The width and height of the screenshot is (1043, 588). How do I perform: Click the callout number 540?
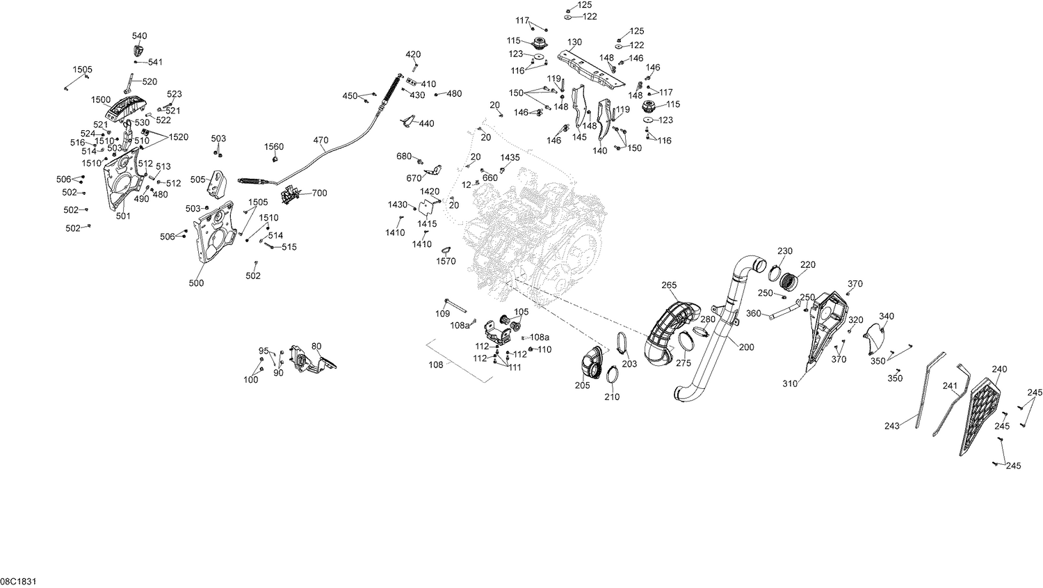coord(139,35)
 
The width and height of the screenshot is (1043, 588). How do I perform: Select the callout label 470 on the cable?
coord(321,140)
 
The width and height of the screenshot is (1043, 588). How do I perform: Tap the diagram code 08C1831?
coord(18,580)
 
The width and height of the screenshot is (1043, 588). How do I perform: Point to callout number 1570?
coord(446,261)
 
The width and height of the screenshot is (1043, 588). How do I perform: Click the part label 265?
coord(669,285)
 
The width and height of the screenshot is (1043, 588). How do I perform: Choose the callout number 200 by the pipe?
coord(746,347)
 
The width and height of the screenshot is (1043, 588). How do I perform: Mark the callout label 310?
coord(790,383)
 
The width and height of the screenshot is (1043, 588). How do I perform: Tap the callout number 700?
coord(319,193)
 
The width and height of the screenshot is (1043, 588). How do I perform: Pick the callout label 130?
coord(574,42)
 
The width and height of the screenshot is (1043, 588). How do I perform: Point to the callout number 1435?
coord(510,158)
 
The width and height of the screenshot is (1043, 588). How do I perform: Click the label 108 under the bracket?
coord(436,364)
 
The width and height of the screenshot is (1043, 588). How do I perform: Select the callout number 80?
coord(316,346)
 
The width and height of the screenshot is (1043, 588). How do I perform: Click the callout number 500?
coord(197,283)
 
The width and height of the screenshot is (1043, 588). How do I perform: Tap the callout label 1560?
coord(274,147)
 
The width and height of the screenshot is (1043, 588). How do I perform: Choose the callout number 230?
coord(785,251)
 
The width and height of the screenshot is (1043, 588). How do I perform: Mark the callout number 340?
coord(887,317)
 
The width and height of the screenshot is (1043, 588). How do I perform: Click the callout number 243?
coord(892,426)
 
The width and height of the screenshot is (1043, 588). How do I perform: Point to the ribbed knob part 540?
coord(138,50)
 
